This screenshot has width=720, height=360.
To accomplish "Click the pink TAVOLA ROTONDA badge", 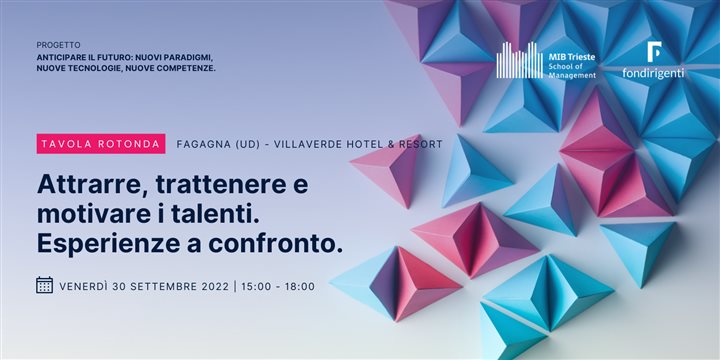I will point(101,144).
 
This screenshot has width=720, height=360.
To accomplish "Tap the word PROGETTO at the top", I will point(58,46).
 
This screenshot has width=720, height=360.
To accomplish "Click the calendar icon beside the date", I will point(44,285).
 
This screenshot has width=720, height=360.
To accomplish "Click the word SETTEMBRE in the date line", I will point(159,286).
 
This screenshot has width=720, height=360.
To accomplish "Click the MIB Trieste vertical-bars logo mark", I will point(519,61).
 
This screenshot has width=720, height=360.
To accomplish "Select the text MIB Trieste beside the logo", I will point(573,57).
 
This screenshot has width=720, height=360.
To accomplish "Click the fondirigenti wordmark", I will point(653,73).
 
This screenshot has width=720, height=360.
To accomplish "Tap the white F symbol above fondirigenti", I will point(654,51).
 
